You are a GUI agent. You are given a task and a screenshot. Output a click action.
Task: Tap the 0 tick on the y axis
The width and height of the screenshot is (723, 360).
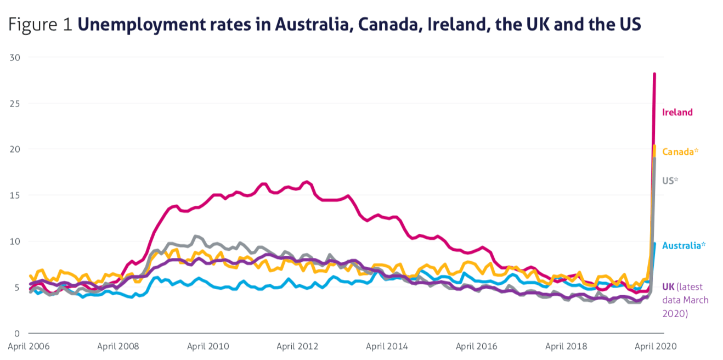17,334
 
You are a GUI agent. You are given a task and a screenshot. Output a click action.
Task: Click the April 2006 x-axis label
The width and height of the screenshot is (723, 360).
29,347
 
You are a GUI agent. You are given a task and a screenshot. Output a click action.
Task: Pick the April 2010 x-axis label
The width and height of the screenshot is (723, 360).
208,347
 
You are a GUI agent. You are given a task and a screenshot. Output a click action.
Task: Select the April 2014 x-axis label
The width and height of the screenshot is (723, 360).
387,347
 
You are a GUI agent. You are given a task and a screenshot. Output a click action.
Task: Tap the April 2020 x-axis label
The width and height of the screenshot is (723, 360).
656,347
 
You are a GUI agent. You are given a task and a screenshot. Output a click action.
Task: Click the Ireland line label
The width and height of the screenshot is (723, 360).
677,113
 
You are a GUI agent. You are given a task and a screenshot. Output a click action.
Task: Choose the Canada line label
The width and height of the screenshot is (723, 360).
679,152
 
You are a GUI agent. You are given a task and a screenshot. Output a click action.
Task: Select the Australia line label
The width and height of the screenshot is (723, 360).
682,246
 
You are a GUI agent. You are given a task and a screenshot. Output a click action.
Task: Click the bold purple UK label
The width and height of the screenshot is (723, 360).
668,287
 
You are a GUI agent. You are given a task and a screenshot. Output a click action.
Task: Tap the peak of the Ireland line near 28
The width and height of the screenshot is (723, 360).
654,74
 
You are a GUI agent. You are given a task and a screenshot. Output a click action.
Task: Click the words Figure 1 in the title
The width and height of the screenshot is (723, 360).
40,25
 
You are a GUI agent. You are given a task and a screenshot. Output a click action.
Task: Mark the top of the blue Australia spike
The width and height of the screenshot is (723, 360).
654,244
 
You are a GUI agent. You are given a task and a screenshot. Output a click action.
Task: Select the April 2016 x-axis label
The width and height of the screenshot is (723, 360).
477,347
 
